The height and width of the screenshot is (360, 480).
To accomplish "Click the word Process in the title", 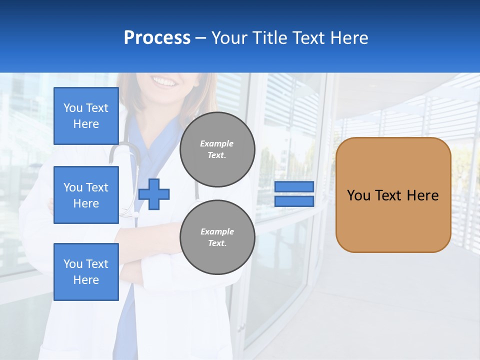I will [157, 38].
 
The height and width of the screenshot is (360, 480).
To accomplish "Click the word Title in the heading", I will [270, 38].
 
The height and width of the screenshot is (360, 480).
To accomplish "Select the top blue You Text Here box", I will [86, 116].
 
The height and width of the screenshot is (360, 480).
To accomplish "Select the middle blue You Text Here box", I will [86, 195].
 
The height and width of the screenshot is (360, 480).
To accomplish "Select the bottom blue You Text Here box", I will [86, 271].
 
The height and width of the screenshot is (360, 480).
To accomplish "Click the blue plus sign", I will [154, 194].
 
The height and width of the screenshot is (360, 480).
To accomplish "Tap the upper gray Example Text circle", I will [217, 149].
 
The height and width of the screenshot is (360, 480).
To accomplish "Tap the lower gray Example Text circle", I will [217, 237].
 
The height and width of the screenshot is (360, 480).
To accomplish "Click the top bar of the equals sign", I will [294, 186].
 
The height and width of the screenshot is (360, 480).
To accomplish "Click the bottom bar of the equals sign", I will [294, 201].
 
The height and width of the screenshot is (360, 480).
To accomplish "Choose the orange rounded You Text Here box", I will [393, 195].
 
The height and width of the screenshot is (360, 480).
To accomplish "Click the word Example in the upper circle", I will [217, 143].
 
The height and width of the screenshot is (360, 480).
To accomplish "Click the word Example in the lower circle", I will [217, 231].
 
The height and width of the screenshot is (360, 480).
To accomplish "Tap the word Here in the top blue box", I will [86, 124].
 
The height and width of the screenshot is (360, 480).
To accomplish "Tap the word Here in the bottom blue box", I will [86, 280].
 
